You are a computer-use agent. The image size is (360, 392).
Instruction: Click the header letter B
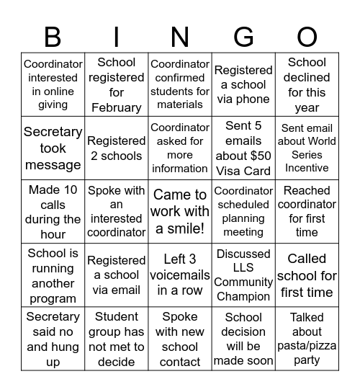click(x=53, y=36)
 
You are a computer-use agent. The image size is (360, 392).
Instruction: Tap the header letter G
click(x=243, y=36)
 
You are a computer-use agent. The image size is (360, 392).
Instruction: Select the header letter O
click(x=307, y=36)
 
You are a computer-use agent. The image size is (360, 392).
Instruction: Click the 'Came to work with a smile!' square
click(x=180, y=212)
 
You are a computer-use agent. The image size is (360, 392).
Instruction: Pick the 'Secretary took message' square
click(x=53, y=148)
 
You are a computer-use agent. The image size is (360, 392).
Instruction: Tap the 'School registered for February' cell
click(x=116, y=85)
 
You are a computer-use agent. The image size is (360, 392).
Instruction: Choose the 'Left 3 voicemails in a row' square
click(x=180, y=275)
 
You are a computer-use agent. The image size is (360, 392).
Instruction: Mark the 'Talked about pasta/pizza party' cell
click(x=307, y=339)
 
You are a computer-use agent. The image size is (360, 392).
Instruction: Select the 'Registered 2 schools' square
click(x=116, y=148)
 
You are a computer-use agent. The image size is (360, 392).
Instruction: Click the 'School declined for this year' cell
click(x=307, y=85)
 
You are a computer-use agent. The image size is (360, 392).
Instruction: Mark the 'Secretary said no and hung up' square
click(x=53, y=339)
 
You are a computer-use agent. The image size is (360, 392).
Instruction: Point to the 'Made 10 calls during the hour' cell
click(x=53, y=212)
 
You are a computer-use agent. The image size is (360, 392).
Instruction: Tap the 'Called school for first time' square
click(x=307, y=275)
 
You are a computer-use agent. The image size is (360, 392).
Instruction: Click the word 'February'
click(x=116, y=107)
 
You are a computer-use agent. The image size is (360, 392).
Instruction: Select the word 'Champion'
click(x=243, y=297)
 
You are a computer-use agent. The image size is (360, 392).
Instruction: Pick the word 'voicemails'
click(x=180, y=275)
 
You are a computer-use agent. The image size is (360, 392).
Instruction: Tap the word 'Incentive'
click(x=307, y=168)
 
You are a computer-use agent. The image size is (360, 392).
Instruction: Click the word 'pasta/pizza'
click(x=307, y=346)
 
